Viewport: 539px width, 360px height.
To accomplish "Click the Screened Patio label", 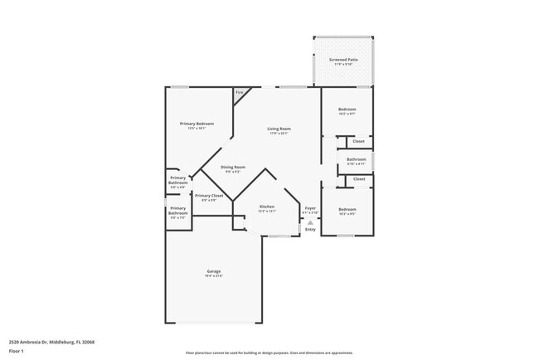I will [343, 60].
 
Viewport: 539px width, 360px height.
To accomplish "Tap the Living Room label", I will [279, 129].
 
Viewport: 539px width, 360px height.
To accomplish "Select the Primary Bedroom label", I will [197, 124].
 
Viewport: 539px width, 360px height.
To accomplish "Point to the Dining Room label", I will [233, 167].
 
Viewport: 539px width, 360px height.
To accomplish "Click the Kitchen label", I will [267, 206].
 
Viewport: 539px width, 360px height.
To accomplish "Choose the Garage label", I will [213, 271].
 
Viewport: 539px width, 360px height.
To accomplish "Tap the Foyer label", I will [310, 207].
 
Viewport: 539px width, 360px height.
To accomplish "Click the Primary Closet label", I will [209, 196].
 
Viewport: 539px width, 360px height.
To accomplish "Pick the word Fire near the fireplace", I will [240, 92].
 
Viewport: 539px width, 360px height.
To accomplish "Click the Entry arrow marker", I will [310, 222].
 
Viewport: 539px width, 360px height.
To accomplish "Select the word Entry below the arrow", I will [310, 230].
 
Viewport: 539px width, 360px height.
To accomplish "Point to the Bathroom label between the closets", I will [357, 159].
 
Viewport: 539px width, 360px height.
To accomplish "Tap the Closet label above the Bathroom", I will [359, 141].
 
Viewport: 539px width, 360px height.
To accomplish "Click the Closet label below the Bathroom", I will [359, 178].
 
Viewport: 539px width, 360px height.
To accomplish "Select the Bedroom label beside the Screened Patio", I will [347, 109].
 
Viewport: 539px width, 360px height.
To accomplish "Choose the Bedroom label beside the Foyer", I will [347, 209].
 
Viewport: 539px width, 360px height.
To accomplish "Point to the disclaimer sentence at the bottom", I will [269, 353].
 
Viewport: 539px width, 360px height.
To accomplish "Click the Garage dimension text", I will [213, 275].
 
